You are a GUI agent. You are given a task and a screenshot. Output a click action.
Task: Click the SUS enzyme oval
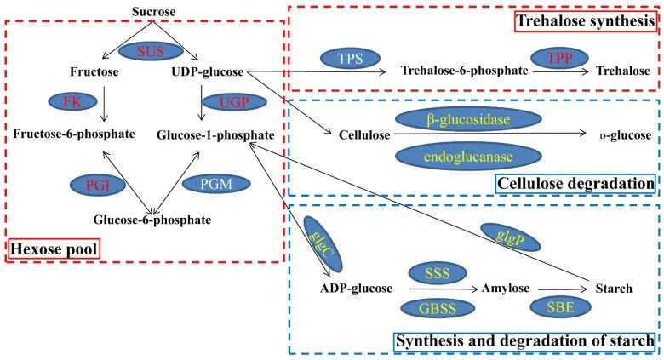(151, 51)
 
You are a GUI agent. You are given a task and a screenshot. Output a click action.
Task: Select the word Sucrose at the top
(154, 12)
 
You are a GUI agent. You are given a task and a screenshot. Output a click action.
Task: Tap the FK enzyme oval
(73, 101)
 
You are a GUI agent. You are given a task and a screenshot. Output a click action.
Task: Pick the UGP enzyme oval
(235, 101)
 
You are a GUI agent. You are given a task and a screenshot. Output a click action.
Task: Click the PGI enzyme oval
(98, 186)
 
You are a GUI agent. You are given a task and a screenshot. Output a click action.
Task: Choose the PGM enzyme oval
(216, 184)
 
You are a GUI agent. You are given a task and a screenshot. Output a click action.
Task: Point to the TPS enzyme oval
(350, 59)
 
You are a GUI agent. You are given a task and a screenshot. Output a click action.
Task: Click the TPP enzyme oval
(559, 58)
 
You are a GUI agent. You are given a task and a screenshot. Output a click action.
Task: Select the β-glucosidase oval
(468, 119)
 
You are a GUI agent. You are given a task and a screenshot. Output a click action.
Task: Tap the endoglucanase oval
(468, 157)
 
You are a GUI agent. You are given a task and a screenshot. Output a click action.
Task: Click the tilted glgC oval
(323, 244)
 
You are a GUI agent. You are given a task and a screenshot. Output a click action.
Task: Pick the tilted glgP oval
(510, 237)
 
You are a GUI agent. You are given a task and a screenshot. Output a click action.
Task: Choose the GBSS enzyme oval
(438, 308)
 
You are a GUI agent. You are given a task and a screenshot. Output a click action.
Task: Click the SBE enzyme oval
(560, 307)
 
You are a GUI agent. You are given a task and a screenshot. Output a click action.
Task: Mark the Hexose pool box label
(54, 249)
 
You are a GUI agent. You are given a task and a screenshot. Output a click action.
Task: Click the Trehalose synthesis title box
(587, 20)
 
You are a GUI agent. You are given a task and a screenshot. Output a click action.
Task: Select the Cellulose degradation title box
(575, 183)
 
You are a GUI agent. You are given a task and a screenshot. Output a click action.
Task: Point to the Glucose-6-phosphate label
(152, 220)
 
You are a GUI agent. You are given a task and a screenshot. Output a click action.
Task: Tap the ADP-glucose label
(356, 289)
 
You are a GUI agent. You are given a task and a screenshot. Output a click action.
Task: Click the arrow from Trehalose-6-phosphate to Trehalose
(561, 71)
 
